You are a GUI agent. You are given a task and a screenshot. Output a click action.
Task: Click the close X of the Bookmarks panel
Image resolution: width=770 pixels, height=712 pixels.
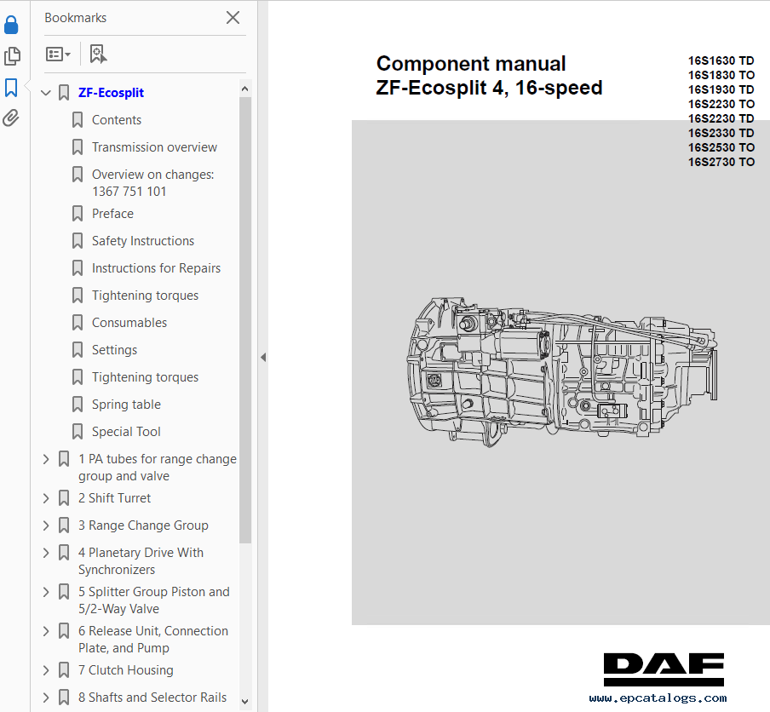[x=233, y=18]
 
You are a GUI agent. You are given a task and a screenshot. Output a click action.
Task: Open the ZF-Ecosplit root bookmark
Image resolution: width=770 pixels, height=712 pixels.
[x=111, y=92]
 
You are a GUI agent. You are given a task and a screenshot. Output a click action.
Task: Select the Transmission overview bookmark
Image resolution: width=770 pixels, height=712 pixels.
[x=154, y=146]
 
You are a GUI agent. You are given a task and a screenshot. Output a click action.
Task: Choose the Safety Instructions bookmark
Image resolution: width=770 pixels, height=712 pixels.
[x=143, y=241]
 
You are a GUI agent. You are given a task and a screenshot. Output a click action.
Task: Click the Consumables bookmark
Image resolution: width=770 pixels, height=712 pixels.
[x=129, y=322]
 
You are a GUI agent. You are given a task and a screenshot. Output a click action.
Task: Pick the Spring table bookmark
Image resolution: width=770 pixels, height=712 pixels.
[x=126, y=405]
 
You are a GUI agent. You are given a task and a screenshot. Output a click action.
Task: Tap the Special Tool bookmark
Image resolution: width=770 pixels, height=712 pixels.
[x=126, y=431]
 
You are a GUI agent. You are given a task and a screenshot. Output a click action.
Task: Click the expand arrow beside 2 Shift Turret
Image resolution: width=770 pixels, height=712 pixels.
[x=46, y=498]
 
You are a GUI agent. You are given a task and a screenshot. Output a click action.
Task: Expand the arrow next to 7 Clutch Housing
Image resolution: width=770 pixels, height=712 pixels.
[x=46, y=670]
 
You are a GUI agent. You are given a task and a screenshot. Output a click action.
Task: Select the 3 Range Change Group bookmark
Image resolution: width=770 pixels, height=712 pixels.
[x=143, y=525]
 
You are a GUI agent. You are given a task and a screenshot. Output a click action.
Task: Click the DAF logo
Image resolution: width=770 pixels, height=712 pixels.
[x=664, y=669]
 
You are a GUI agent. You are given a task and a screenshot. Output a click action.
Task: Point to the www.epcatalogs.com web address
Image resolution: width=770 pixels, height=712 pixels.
[x=658, y=698]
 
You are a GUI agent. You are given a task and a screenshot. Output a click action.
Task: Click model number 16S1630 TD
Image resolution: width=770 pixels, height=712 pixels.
[x=721, y=60]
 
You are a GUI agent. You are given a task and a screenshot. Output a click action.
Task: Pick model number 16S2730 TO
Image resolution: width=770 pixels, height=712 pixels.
[x=721, y=162]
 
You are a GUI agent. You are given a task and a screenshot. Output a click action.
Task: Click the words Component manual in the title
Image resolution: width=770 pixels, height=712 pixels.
[x=471, y=64]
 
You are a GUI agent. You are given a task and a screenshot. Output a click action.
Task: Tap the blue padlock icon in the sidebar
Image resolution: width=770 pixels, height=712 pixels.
[x=11, y=25]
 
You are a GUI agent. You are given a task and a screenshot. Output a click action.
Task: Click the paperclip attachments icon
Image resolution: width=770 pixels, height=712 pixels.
[x=11, y=118]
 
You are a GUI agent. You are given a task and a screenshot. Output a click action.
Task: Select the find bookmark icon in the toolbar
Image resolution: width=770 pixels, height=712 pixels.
[x=98, y=54]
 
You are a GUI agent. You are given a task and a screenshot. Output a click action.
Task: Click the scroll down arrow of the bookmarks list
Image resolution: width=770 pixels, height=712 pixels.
[x=245, y=702]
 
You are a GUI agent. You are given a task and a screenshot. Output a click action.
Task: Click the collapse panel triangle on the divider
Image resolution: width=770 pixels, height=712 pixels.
[x=263, y=358]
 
